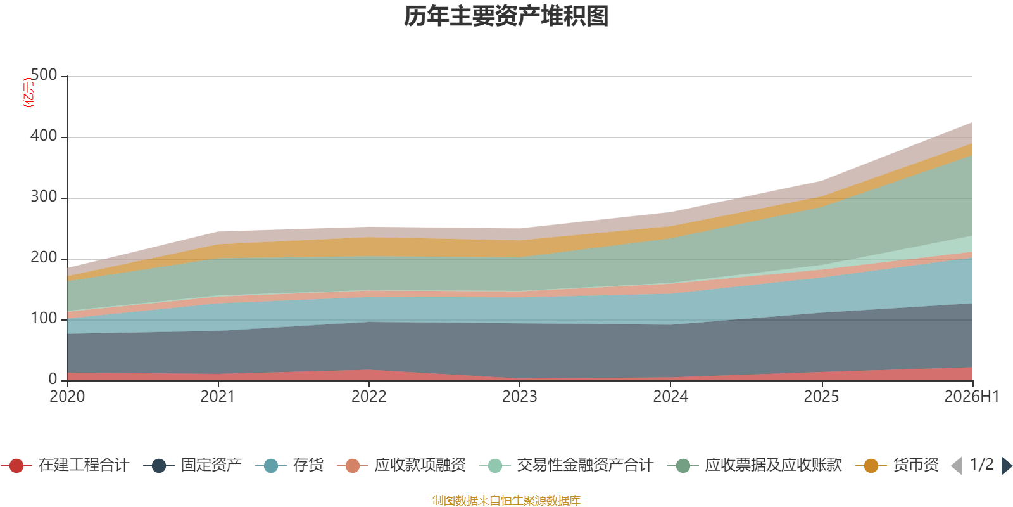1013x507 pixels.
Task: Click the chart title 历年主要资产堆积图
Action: coord(506,16)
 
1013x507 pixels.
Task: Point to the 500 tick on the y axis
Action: coord(44,75)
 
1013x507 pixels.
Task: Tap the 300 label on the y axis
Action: coord(44,196)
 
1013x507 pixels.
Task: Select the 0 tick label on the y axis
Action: coord(53,379)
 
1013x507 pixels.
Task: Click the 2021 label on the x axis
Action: coord(218,397)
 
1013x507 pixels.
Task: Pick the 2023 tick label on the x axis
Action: coord(520,397)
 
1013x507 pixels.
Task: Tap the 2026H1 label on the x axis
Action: coord(972,397)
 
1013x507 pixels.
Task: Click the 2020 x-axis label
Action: coord(67,397)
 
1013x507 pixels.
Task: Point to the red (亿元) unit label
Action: coord(28,93)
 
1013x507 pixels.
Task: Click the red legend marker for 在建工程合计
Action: coord(16,466)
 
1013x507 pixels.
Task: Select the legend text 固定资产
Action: coord(211,465)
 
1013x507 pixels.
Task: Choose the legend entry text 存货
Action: coord(308,465)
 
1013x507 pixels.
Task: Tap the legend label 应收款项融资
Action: coord(420,465)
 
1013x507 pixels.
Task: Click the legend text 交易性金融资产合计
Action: coord(585,465)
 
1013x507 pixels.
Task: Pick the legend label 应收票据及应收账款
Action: coord(773,465)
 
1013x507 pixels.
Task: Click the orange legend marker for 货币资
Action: coord(871,466)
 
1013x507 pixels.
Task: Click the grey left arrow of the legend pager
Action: coord(957,466)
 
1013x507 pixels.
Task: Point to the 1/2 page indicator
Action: coord(982,465)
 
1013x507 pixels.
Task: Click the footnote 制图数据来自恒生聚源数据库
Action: coord(506,500)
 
